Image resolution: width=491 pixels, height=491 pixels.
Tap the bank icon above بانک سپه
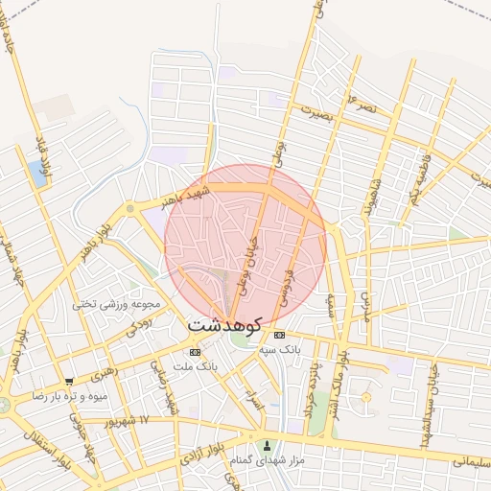pos(279,336)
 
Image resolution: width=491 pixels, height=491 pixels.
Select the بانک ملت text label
pos(200,366)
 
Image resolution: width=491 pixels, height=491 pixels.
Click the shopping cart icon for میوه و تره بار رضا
pos(68,382)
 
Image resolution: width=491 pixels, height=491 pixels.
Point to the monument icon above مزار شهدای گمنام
pos(268,446)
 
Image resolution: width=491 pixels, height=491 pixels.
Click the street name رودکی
pos(139,327)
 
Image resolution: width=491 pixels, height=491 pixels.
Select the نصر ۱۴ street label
pos(366,103)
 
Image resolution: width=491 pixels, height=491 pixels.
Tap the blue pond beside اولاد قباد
pos(38,174)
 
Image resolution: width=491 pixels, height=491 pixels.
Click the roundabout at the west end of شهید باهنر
pos(129,208)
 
